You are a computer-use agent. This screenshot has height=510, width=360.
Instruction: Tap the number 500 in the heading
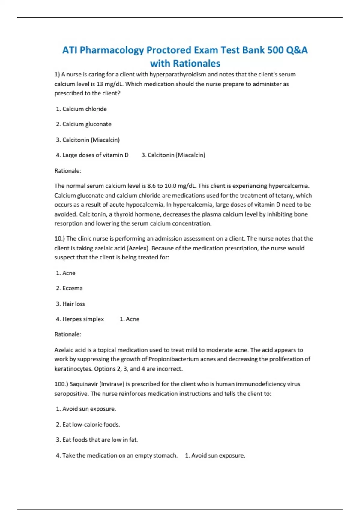(275, 50)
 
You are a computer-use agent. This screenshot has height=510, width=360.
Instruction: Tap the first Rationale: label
(68, 171)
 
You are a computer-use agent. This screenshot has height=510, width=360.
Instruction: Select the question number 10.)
(59, 239)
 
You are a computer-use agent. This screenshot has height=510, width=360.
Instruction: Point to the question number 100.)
(61, 384)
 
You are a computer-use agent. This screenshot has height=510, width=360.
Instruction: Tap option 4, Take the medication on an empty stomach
(117, 455)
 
